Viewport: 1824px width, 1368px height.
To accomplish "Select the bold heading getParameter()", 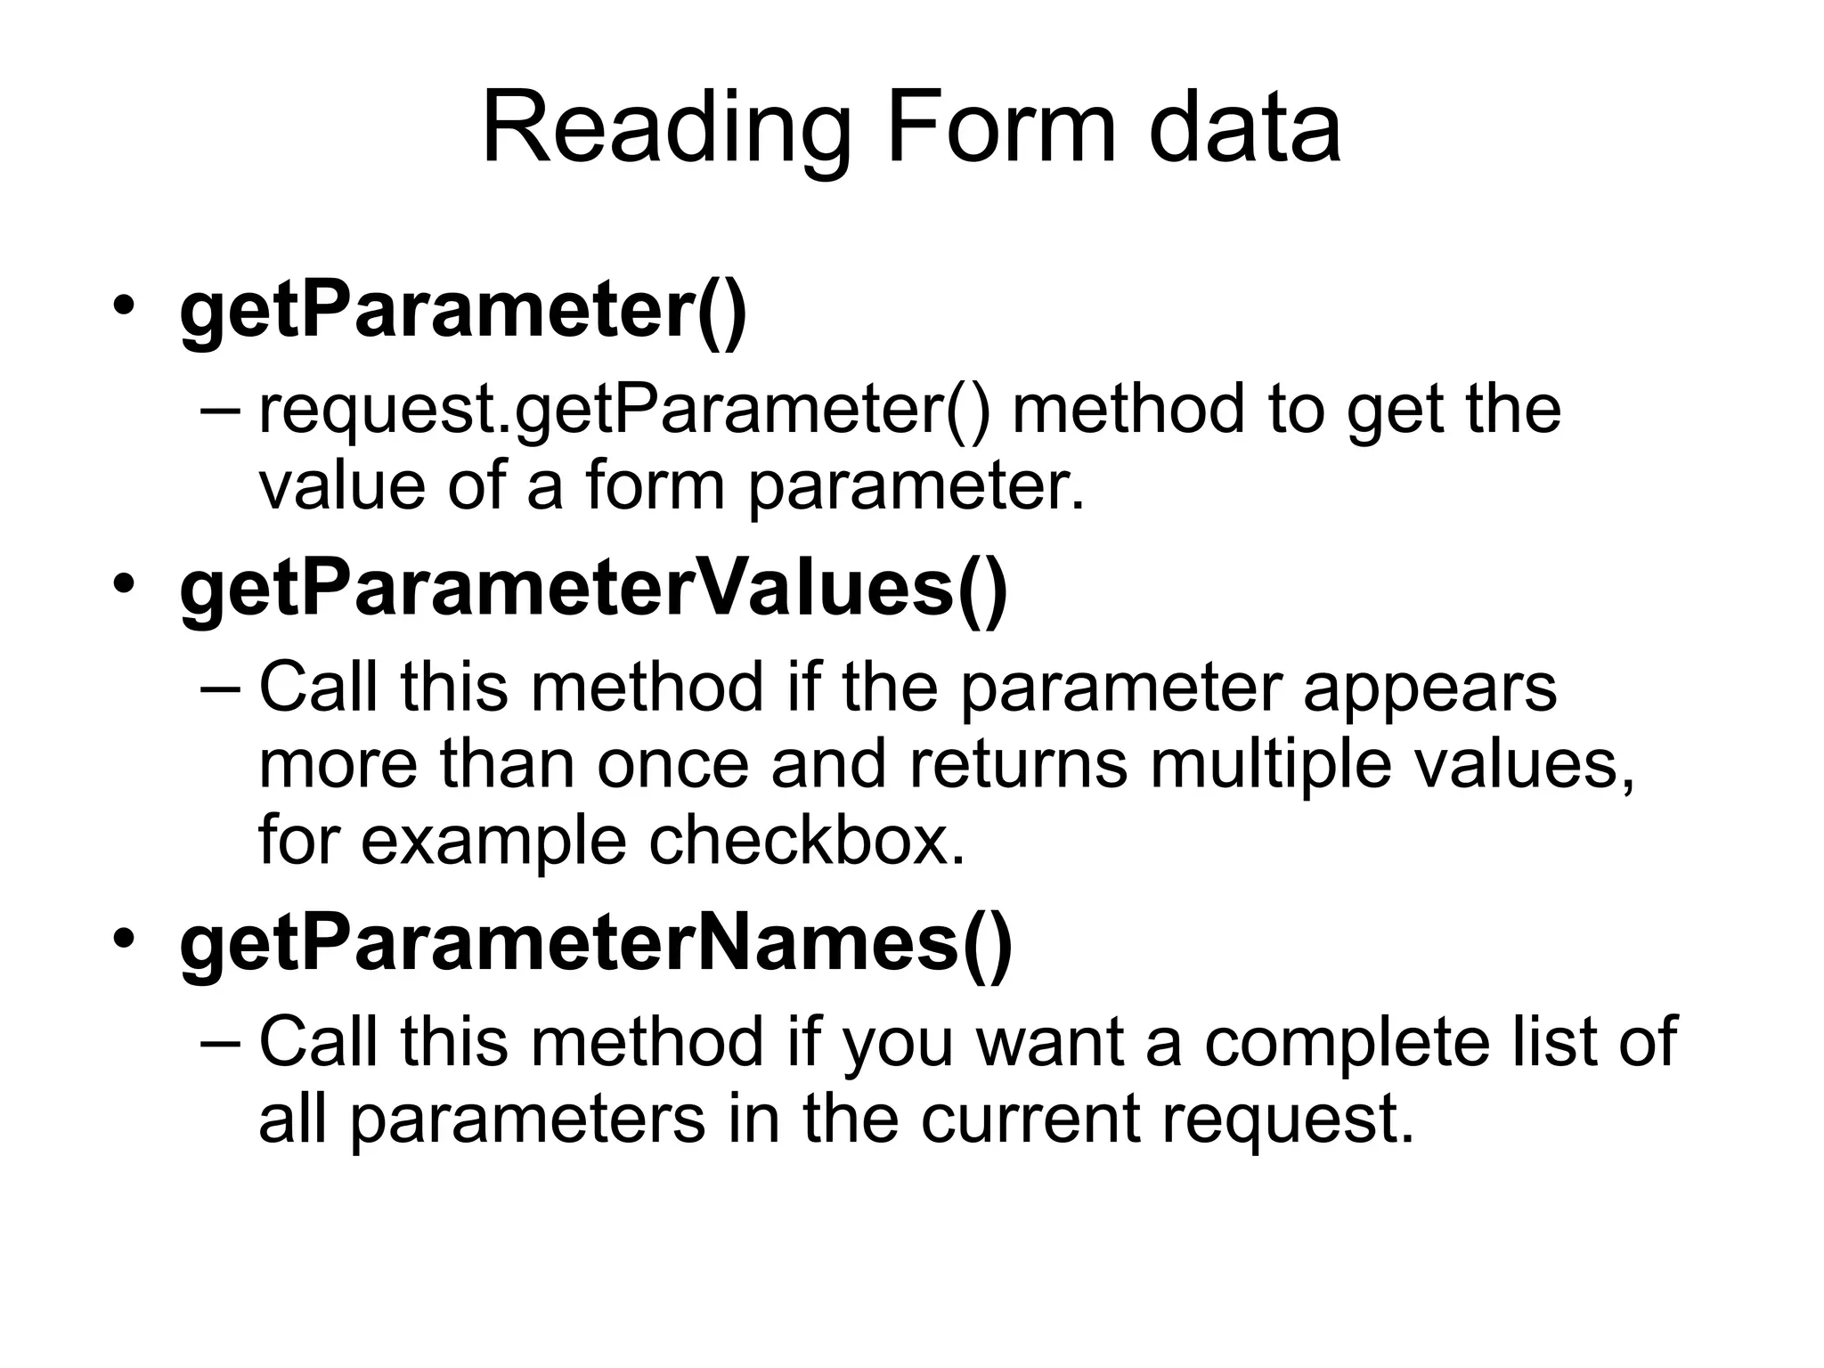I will (x=463, y=312).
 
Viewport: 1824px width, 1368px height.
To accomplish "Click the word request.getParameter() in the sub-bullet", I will (x=623, y=411).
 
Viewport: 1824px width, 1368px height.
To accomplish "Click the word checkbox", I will (x=806, y=841).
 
